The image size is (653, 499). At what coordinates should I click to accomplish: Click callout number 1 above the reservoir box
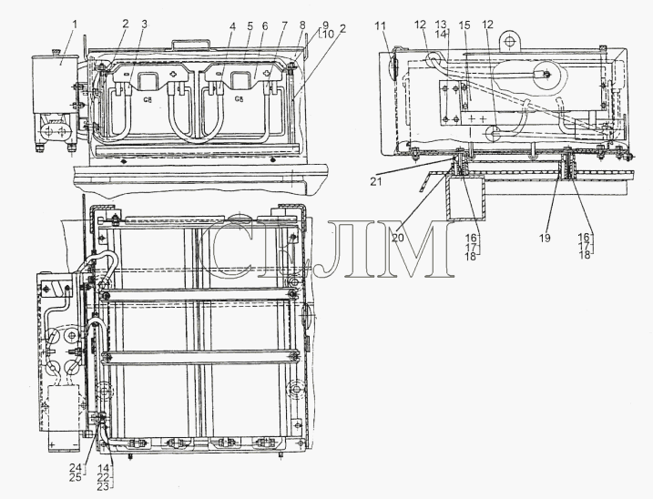click(x=75, y=25)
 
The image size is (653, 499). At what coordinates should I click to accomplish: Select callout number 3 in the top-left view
click(x=144, y=25)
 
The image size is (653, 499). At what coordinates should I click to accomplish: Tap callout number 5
click(x=250, y=26)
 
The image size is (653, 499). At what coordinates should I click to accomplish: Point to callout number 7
click(x=284, y=26)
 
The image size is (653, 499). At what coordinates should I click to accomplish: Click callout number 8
click(x=302, y=25)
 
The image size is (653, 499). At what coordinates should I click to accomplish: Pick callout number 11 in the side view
click(x=380, y=26)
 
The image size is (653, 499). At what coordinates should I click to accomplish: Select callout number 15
click(x=464, y=25)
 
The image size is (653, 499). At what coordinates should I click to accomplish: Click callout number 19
click(x=545, y=238)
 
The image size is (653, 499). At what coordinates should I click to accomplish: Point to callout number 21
click(x=375, y=182)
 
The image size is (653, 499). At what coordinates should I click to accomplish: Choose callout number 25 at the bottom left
click(x=76, y=477)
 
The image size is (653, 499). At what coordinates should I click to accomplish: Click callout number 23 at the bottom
click(x=103, y=485)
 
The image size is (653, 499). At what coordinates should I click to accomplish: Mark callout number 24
click(x=76, y=468)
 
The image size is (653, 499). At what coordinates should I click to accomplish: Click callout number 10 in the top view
click(x=328, y=35)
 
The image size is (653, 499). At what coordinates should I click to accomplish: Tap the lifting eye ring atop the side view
click(x=508, y=41)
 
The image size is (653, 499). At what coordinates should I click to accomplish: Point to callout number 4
click(x=232, y=26)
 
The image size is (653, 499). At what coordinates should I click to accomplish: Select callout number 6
click(x=265, y=26)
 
